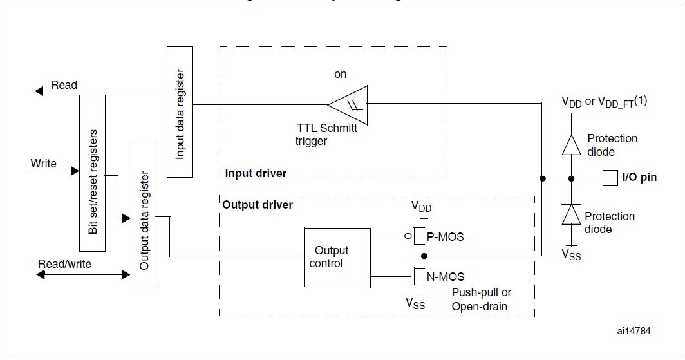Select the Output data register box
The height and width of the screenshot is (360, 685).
click(x=144, y=213)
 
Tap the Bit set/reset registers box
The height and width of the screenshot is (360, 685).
click(x=92, y=173)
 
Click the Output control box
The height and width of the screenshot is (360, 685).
click(x=337, y=257)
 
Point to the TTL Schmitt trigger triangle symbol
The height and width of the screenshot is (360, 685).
click(x=348, y=104)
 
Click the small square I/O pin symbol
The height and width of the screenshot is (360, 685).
click(x=610, y=177)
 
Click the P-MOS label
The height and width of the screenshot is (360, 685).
click(x=446, y=236)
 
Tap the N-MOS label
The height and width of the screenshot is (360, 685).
click(x=446, y=276)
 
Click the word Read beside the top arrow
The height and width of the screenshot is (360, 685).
click(x=64, y=85)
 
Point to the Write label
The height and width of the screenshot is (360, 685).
click(x=44, y=164)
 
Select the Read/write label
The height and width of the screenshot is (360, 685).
click(x=64, y=264)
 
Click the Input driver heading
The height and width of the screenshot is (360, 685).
click(x=256, y=173)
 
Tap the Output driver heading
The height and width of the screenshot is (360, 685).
click(x=258, y=205)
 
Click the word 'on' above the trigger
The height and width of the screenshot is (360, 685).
click(x=340, y=75)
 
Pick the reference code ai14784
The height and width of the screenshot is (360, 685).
click(x=633, y=331)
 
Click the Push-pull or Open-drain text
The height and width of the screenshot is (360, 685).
click(x=481, y=299)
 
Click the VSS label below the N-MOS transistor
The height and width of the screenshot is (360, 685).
click(x=415, y=303)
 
